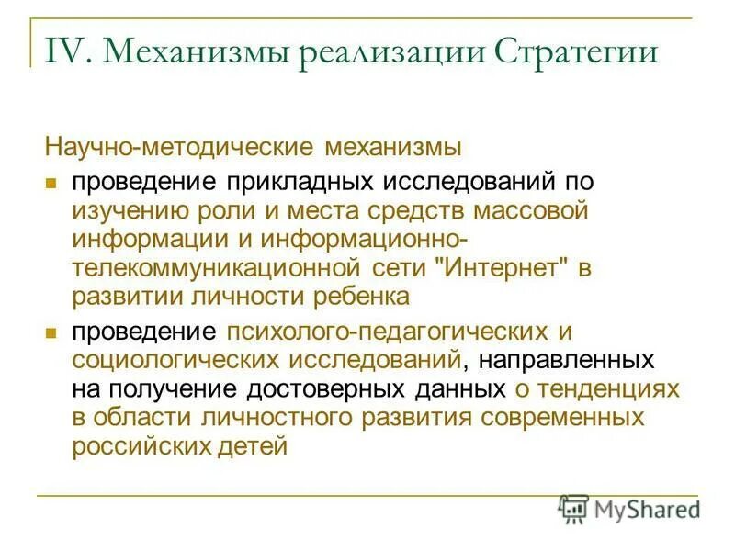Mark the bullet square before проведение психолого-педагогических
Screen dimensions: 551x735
[52, 331]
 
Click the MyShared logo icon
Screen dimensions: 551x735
[575, 509]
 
